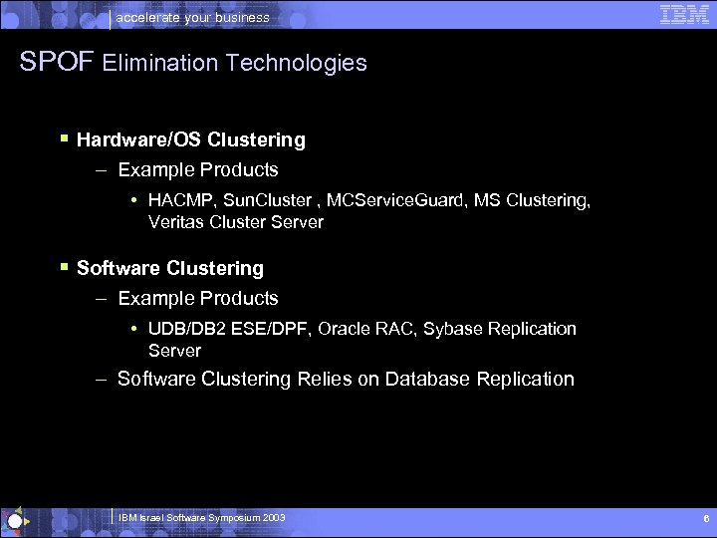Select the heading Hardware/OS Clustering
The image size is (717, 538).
(x=191, y=140)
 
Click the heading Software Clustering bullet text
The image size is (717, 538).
(x=170, y=269)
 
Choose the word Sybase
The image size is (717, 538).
(x=452, y=329)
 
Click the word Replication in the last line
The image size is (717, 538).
(x=525, y=380)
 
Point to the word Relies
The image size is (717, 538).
(x=327, y=380)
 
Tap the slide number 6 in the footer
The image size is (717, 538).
(x=705, y=519)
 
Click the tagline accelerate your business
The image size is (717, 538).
(x=193, y=17)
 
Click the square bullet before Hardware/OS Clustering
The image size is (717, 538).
(x=63, y=139)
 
